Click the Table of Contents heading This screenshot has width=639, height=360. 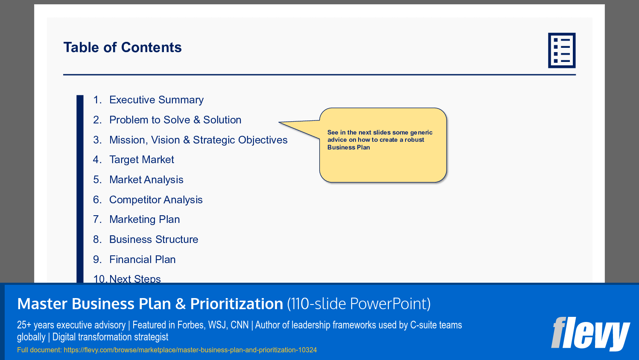coord(123,47)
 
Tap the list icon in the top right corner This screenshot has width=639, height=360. coord(561,50)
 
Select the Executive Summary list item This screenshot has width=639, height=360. coord(156,100)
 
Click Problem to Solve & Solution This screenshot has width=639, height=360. coord(175,120)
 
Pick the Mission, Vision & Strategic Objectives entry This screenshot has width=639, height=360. coord(198,140)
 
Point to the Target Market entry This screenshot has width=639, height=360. coord(141,160)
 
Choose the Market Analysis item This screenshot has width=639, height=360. coord(146,180)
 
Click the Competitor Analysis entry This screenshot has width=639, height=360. coord(156,200)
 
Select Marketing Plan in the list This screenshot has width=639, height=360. coord(144,220)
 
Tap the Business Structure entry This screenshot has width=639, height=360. coord(154,240)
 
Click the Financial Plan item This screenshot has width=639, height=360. coord(142,260)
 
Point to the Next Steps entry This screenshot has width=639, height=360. coord(135,278)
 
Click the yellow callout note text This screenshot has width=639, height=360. coord(379,140)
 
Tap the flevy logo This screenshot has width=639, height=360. coord(590,334)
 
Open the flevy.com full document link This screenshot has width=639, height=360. coord(190,350)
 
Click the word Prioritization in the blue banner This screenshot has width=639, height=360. coord(236,304)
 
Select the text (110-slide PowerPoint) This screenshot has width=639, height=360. coord(359,304)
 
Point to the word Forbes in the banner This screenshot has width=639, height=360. coord(191,325)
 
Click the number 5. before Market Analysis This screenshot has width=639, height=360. coord(97,180)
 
